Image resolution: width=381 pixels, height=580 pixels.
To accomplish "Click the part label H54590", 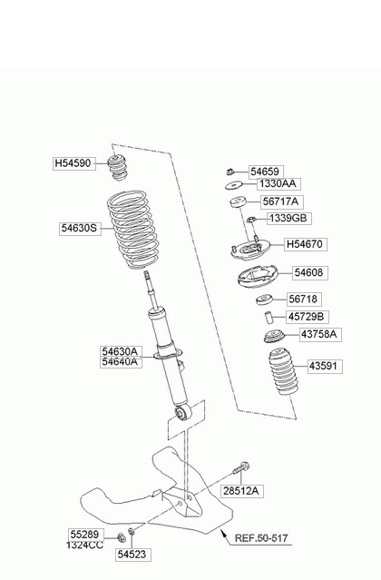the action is pos(73,163).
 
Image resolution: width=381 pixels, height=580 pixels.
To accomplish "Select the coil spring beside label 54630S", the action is pos(133,230).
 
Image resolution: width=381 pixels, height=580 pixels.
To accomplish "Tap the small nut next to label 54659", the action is pos(230,172).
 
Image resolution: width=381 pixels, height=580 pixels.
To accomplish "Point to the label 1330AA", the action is pos(278,184).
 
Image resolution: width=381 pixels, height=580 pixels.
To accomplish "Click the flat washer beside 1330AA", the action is pos(234,185).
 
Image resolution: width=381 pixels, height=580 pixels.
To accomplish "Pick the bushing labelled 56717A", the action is pos(238,202).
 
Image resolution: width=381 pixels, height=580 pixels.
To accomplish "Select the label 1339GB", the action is pos(289,218).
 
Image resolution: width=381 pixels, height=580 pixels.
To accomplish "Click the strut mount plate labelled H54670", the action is pos(250,250).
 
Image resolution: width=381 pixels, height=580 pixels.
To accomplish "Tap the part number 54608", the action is pos(309,273).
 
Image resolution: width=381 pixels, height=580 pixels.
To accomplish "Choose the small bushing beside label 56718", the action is pos(264,300).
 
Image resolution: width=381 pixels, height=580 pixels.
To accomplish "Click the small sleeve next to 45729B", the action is pos(268,318).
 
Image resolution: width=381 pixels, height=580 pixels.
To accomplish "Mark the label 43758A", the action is pos(319,334).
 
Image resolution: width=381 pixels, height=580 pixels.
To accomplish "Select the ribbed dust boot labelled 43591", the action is pos(284,372).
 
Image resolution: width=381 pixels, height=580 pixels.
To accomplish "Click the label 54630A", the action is pos(121,351).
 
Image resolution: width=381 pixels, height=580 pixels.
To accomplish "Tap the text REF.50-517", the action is pos(261,538).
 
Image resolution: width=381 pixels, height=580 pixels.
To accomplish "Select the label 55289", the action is pos(85,534).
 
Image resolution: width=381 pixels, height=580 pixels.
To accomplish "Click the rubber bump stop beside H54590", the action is pos(117,168).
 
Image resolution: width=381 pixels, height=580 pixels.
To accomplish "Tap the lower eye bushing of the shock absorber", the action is pos(182,412).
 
